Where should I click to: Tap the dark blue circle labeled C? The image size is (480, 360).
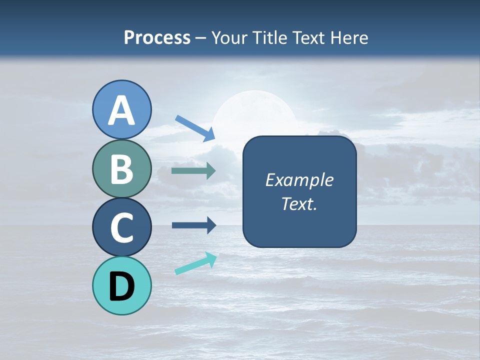122,227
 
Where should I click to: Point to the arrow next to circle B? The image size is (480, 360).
193,170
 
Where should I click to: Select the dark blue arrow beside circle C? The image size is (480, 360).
193,225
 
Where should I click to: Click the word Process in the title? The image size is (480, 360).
157,38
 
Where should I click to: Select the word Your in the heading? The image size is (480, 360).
228,38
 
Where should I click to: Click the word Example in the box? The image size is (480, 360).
299,180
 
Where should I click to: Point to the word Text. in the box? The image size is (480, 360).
299,203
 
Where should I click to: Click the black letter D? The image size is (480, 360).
122,286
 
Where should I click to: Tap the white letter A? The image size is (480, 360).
122,111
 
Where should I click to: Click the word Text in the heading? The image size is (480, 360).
306,38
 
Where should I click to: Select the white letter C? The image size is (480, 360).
122,227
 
